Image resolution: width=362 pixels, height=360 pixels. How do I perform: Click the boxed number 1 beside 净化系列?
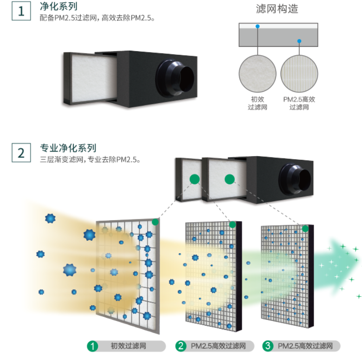(21, 11)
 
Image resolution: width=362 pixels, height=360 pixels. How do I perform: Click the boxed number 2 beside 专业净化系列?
(21, 153)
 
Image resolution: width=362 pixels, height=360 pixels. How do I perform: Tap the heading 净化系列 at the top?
(58, 7)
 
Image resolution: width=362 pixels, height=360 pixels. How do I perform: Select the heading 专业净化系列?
(68, 148)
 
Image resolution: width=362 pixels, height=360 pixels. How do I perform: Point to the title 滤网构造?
(277, 9)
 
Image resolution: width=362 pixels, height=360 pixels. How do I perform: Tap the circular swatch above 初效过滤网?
(258, 74)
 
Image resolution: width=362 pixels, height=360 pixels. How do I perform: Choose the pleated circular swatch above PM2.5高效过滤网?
(299, 74)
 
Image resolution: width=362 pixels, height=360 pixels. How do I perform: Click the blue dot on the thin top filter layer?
(258, 26)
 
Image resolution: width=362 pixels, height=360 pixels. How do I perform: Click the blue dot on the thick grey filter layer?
(299, 41)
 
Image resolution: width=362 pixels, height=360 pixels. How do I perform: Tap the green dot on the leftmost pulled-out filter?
(194, 179)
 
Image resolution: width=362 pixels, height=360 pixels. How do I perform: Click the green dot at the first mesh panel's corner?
(155, 222)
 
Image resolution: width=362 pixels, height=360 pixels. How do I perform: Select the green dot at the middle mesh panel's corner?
(233, 225)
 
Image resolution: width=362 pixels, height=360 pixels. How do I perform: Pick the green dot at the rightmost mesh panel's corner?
(305, 229)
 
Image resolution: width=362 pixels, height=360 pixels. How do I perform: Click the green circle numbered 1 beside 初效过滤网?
(92, 346)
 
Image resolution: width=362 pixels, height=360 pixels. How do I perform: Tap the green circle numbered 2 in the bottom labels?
(181, 346)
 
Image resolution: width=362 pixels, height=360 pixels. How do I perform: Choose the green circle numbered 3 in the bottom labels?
(268, 346)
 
